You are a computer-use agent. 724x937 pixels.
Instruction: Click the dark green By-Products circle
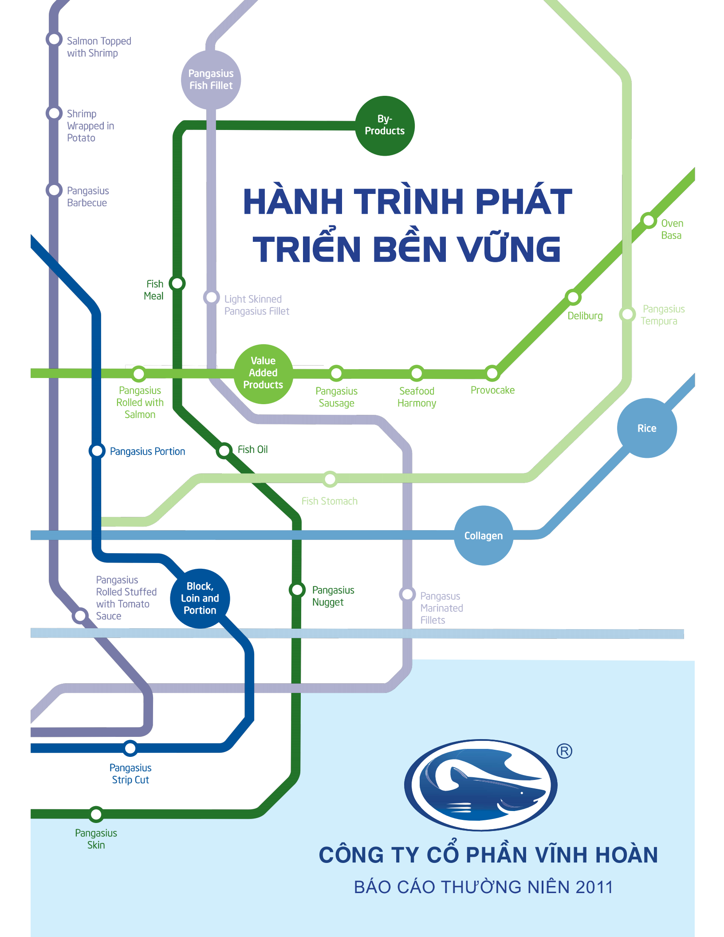pyautogui.click(x=385, y=126)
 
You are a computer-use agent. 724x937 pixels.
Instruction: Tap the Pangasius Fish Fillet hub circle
pyautogui.click(x=211, y=80)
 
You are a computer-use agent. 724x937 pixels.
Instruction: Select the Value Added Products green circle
pyautogui.click(x=263, y=374)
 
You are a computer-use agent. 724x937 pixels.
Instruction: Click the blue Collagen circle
pyautogui.click(x=484, y=535)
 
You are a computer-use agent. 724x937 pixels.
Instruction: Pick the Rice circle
pyautogui.click(x=647, y=428)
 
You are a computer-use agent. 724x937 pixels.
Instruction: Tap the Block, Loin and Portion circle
pyautogui.click(x=200, y=598)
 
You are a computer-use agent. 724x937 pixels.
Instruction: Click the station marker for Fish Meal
pyautogui.click(x=177, y=283)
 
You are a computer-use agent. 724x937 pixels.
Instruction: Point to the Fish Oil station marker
pyautogui.click(x=224, y=450)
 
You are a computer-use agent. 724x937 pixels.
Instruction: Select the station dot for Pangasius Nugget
pyautogui.click(x=297, y=590)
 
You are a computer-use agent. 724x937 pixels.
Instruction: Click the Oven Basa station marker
pyautogui.click(x=648, y=220)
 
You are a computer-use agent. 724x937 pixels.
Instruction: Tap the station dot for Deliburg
pyautogui.click(x=573, y=297)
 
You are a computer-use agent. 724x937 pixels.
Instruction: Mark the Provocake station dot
pyautogui.click(x=492, y=373)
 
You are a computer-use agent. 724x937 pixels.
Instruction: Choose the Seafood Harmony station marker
pyautogui.click(x=417, y=373)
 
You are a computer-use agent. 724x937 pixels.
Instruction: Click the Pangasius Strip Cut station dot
pyautogui.click(x=130, y=748)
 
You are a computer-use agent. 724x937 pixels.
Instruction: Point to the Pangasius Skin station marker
pyautogui.click(x=96, y=814)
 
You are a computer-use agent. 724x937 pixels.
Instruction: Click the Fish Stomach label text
pyautogui.click(x=330, y=501)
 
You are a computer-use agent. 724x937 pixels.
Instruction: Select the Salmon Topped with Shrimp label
pyautogui.click(x=99, y=47)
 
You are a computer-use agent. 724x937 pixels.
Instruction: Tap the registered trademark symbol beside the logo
pyautogui.click(x=564, y=751)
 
